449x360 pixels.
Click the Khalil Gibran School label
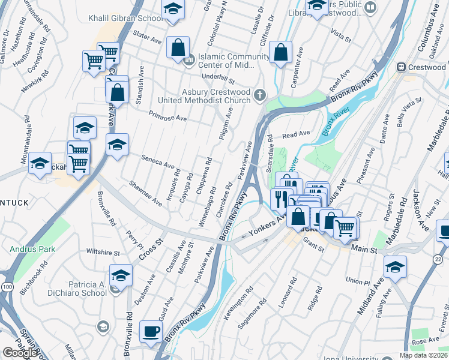125,18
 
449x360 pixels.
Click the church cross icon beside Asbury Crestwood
260,95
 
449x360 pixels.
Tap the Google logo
19,353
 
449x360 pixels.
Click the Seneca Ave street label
158,161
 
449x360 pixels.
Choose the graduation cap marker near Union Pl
395,267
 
